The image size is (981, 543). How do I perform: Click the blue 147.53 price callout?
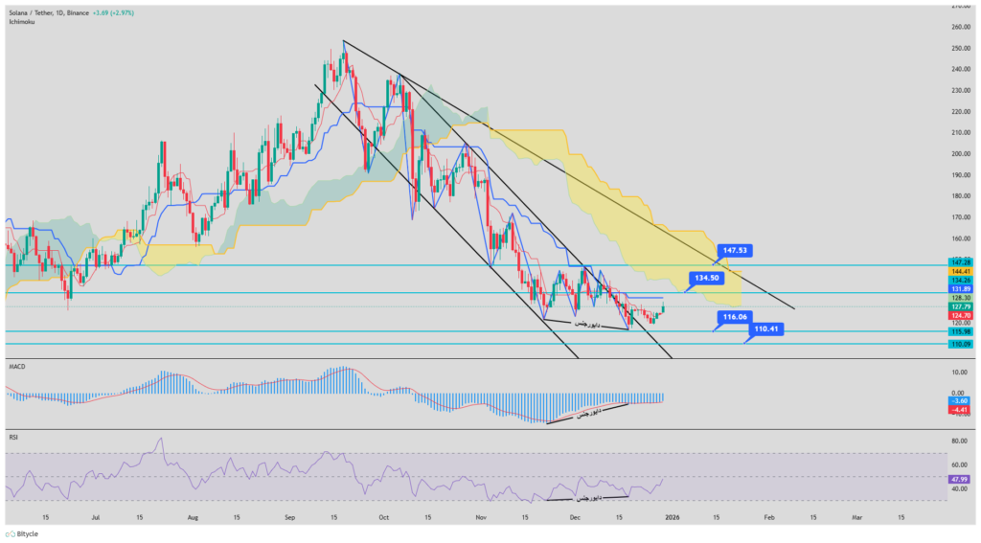[x=736, y=250]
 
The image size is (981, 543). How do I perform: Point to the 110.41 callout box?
[x=768, y=328]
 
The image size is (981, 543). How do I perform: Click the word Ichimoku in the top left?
[x=21, y=20]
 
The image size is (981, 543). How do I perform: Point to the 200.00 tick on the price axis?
[x=959, y=153]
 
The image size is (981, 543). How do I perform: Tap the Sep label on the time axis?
[x=290, y=515]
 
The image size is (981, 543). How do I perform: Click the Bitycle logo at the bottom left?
[x=23, y=533]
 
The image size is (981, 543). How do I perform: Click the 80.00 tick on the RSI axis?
[x=959, y=441]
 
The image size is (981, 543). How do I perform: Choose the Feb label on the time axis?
[x=768, y=515]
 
